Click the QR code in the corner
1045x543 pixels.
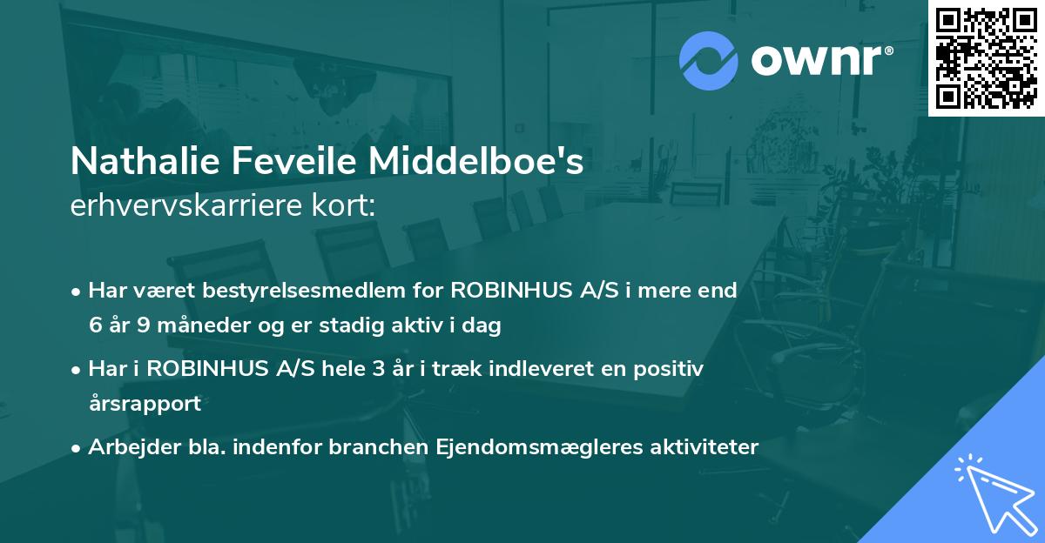[x=986, y=57]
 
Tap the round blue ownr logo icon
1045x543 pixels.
[x=708, y=60]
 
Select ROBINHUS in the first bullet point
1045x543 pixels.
[x=507, y=290]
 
